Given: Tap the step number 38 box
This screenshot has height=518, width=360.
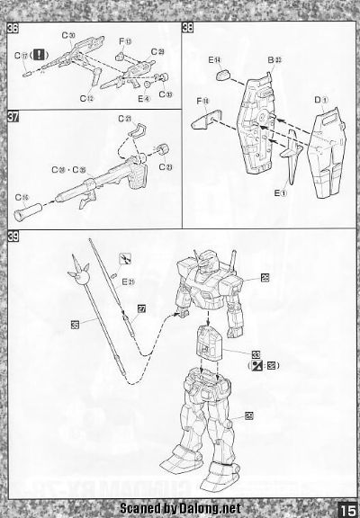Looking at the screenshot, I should click(x=186, y=26).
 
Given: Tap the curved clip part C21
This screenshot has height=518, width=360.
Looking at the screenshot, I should click(x=136, y=135).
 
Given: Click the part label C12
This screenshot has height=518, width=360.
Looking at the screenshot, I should click(x=88, y=96).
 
